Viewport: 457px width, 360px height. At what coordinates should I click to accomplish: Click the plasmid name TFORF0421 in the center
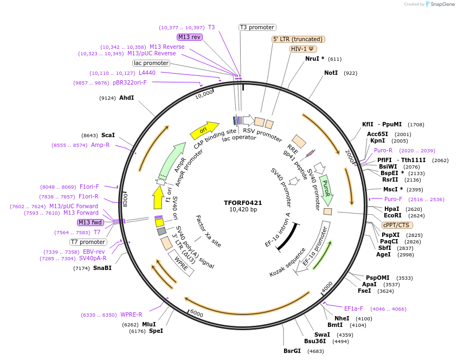pyautogui.click(x=242, y=203)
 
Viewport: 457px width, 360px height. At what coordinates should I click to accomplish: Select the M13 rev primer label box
pyautogui.click(x=189, y=37)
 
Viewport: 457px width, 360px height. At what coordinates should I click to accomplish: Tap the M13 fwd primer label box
pyautogui.click(x=91, y=222)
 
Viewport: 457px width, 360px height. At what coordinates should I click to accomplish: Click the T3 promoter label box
pyautogui.click(x=258, y=27)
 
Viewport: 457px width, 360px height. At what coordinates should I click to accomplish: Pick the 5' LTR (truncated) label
pyautogui.click(x=298, y=39)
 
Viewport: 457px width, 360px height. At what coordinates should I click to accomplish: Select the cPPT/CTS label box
pyautogui.click(x=396, y=225)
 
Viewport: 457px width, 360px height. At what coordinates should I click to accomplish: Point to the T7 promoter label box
pyautogui.click(x=88, y=242)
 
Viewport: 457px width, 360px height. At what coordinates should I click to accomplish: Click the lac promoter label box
pyautogui.click(x=151, y=63)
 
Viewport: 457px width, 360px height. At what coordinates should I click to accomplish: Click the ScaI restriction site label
pyautogui.click(x=108, y=135)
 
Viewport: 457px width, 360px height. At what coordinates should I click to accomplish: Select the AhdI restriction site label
pyautogui.click(x=126, y=98)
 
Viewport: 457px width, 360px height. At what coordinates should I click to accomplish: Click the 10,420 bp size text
pyautogui.click(x=242, y=210)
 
